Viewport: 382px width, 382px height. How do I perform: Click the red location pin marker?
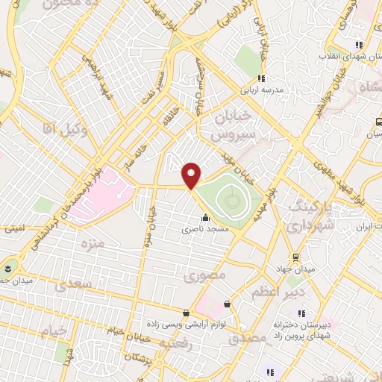point(192,175)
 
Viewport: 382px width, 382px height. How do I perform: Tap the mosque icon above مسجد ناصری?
point(206,218)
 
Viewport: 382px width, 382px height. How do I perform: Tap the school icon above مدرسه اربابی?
point(261,78)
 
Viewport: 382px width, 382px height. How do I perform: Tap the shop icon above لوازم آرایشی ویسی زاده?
point(186,312)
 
